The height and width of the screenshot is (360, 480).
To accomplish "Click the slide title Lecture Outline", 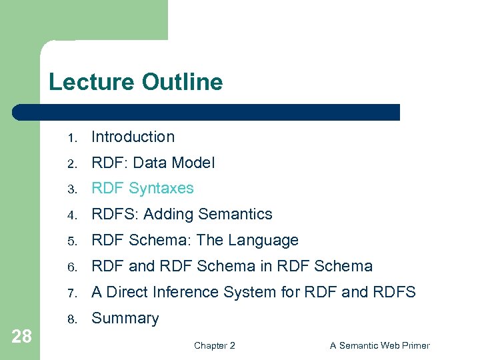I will (135, 82).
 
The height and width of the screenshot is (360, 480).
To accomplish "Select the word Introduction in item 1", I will (133, 137).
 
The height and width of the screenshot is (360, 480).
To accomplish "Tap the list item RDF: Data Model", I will (153, 163).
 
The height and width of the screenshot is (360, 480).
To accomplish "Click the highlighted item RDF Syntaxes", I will (142, 189).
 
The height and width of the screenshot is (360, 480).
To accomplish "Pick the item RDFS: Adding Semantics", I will (181, 214).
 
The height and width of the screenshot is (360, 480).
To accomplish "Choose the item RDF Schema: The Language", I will (195, 240).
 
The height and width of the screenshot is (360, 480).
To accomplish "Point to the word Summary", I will (125, 319).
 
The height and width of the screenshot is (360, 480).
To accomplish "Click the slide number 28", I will (21, 336).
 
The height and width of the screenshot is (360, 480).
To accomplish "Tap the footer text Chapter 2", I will (214, 345).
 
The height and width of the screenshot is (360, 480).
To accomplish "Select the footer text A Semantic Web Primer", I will (380, 345).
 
